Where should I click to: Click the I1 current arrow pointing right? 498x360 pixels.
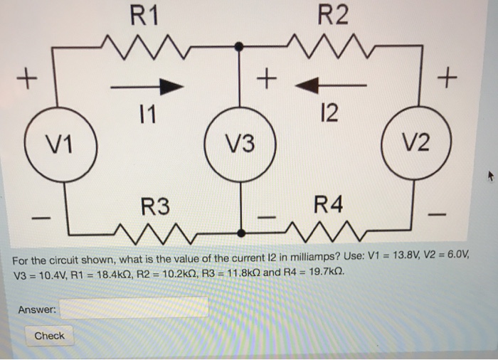pos(147,86)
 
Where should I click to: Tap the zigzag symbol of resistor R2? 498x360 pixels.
pos(332,48)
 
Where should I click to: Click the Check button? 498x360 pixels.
pos(49,336)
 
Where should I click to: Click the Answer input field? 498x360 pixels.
pos(134,308)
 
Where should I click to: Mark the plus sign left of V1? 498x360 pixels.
pos(29,75)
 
